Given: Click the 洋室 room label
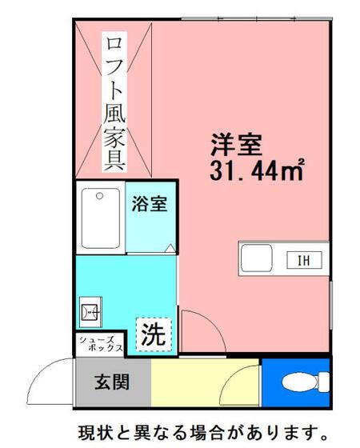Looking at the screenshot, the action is click(x=236, y=145).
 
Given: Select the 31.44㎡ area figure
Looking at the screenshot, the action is click(x=256, y=170).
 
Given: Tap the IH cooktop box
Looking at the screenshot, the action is click(x=304, y=260).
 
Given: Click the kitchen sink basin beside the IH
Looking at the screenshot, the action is click(x=256, y=258).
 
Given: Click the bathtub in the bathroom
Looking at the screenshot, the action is click(x=101, y=218).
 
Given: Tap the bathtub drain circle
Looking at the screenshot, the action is click(x=99, y=196).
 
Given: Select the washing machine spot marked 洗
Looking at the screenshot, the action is click(x=154, y=334).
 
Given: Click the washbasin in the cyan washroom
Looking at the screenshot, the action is click(x=90, y=312).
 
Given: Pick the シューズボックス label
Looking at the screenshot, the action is click(x=101, y=344).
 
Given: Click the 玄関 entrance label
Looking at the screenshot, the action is click(x=112, y=382).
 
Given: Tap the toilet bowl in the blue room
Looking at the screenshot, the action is click(x=300, y=382).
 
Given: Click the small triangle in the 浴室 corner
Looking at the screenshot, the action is click(x=170, y=248).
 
